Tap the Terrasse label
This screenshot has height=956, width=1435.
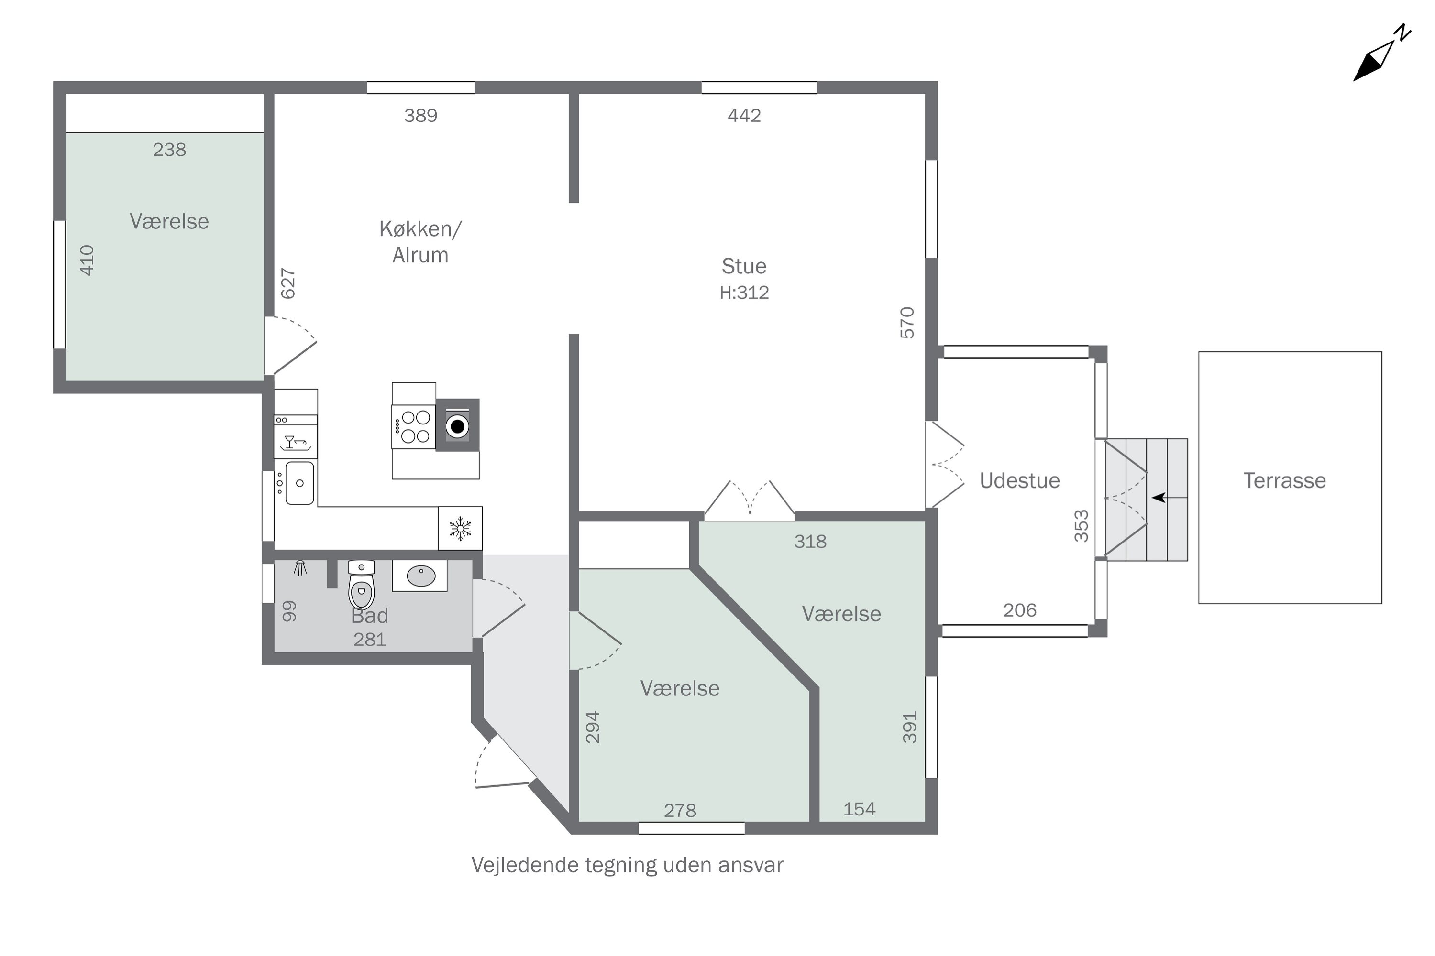(1284, 480)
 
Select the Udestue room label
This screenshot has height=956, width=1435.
(1019, 480)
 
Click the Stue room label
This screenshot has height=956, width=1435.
(744, 266)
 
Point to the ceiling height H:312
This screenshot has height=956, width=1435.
(744, 293)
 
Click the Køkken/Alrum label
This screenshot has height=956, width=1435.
(420, 242)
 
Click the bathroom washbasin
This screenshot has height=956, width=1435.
(420, 576)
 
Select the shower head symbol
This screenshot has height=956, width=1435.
(299, 568)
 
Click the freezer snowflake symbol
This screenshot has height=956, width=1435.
(460, 528)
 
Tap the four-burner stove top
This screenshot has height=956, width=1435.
(414, 427)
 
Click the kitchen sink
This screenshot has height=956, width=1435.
(299, 483)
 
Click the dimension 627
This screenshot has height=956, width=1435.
(288, 283)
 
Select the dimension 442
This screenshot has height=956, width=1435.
(744, 115)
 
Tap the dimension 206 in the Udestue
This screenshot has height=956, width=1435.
(1019, 610)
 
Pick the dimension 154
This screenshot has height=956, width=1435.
(859, 809)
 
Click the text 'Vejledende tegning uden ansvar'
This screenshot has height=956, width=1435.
(627, 865)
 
